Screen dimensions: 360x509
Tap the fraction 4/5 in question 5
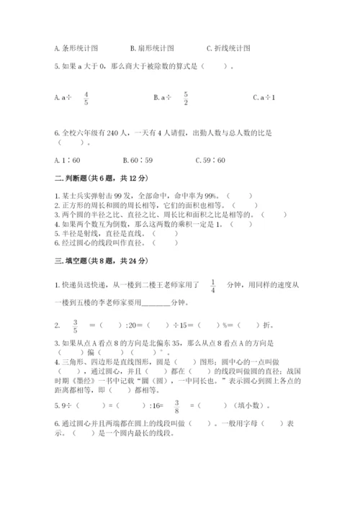coord(86,97)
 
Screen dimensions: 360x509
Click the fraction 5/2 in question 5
coord(185,97)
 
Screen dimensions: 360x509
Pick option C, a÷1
coord(264,97)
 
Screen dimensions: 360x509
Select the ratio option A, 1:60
coord(68,161)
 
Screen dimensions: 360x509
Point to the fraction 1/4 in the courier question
coord(214,286)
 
